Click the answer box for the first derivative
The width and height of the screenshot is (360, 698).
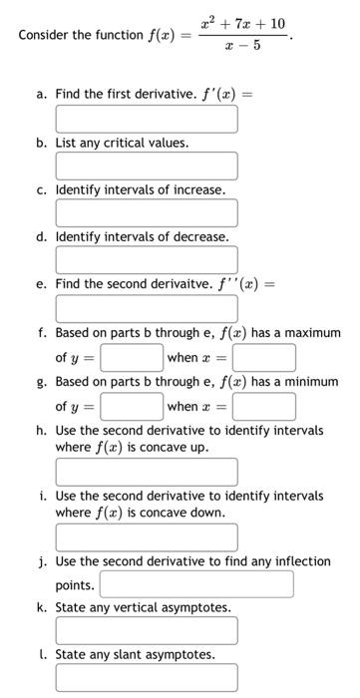click(147, 119)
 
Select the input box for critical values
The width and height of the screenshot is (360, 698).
click(147, 166)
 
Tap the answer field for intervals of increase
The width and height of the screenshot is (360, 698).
click(147, 212)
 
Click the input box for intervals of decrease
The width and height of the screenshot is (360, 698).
click(147, 259)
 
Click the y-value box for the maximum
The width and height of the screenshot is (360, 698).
click(131, 357)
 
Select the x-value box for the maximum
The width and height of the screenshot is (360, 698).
click(264, 357)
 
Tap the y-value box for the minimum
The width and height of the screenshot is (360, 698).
click(131, 406)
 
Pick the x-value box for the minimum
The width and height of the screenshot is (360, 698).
click(264, 406)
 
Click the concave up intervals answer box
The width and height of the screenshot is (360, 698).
click(147, 471)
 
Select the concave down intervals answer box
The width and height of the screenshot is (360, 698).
click(147, 536)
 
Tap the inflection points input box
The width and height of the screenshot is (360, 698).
click(196, 584)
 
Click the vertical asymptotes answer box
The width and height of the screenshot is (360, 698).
click(147, 630)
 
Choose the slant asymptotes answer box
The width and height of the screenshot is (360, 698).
click(147, 678)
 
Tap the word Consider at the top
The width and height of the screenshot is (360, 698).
click(45, 35)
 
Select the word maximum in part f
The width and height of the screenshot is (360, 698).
click(311, 333)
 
